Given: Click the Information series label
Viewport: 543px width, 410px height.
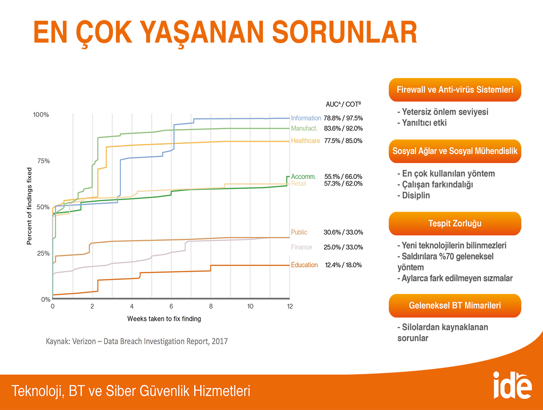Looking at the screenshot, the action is (306, 118).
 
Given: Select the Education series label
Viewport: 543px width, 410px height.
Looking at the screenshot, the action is (304, 265).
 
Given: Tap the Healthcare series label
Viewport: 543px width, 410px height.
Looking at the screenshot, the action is (305, 140).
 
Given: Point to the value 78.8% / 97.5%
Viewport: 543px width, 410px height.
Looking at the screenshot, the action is (343, 118).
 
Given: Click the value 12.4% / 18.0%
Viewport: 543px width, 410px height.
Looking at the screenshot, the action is (343, 265).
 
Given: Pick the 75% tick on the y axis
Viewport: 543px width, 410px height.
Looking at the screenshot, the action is (43, 161).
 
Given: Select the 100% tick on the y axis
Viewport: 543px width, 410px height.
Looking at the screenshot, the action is (41, 115).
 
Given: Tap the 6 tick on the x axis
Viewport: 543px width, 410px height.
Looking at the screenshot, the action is (171, 307).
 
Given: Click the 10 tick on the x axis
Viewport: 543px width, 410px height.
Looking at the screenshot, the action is (250, 307).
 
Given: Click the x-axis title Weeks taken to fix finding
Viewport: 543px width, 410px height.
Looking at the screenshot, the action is (164, 318).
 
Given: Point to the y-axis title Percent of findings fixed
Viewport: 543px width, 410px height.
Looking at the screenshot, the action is (29, 206).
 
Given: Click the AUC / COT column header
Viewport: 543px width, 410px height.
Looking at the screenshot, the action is (343, 104).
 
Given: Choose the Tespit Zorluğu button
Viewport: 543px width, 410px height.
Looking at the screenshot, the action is (455, 223).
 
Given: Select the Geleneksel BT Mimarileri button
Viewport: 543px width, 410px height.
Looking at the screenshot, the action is (455, 305).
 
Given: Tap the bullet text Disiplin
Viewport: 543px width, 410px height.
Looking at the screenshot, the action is (414, 195).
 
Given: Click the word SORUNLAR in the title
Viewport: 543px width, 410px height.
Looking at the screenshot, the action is (345, 33).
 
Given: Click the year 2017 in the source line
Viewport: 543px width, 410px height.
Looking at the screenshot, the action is (219, 341).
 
